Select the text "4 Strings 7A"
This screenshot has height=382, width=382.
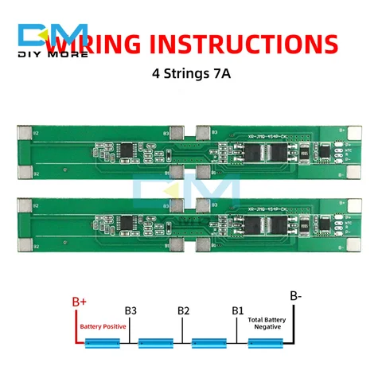190,73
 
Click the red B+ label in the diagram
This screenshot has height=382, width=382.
80,302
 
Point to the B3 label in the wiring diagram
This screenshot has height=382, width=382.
131,310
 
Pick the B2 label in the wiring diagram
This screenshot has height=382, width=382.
184,310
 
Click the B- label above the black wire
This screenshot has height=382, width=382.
295,296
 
